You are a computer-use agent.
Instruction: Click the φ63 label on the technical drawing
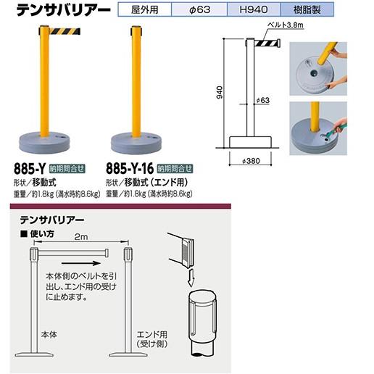click(263, 99)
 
